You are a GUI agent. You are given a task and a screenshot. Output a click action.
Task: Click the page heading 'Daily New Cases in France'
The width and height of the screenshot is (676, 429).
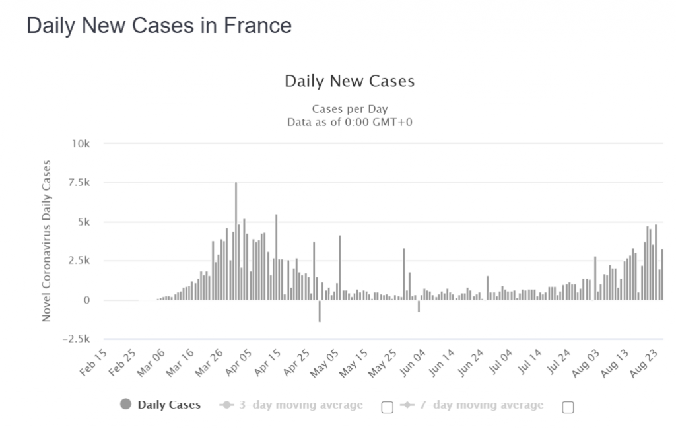158,26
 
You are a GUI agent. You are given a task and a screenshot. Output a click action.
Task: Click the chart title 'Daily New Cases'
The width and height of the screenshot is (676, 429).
349,81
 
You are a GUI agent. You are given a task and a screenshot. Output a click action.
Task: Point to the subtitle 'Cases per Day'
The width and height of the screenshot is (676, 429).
349,109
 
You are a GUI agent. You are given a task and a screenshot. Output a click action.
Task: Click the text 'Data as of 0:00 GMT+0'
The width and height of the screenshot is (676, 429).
349,122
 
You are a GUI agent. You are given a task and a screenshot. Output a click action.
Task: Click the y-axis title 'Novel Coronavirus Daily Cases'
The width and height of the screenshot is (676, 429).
46,241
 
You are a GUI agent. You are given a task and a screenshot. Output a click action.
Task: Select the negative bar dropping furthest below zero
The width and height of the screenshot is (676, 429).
320,311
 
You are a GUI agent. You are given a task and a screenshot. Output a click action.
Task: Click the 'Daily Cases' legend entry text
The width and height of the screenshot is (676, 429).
169,405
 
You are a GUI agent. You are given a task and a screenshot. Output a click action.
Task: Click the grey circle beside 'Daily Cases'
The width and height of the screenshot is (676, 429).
126,404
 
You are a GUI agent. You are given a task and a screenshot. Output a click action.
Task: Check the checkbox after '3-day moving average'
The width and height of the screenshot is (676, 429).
388,407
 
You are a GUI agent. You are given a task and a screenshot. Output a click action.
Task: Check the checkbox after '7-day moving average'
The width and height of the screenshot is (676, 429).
568,407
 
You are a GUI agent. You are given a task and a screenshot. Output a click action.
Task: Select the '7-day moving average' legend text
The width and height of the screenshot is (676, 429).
481,405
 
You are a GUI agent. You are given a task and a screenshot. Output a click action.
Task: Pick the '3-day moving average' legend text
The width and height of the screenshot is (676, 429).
300,405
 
